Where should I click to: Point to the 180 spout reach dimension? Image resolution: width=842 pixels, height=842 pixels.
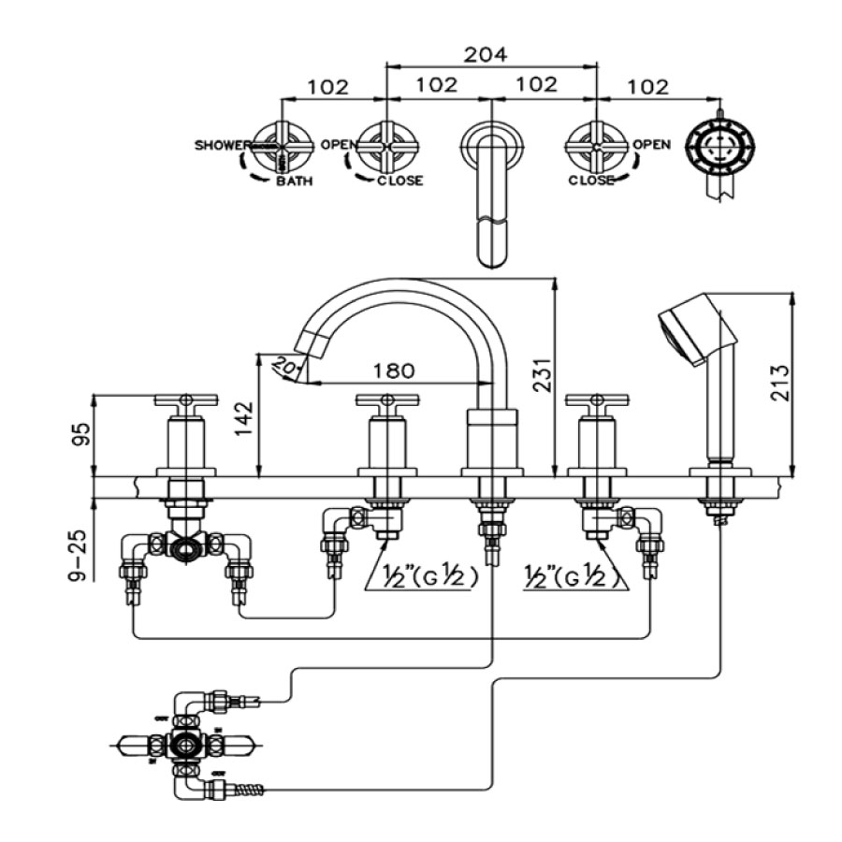394,370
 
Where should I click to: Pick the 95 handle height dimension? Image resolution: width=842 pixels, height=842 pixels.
81,434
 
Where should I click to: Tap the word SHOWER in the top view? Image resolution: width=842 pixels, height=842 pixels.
222,145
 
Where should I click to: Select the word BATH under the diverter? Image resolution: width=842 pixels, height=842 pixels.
294,181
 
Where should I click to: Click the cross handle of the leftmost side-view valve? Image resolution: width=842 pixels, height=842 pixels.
185,401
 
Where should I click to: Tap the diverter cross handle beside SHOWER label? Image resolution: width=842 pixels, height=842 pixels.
281,146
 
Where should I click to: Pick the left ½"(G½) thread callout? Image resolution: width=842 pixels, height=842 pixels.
426,577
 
